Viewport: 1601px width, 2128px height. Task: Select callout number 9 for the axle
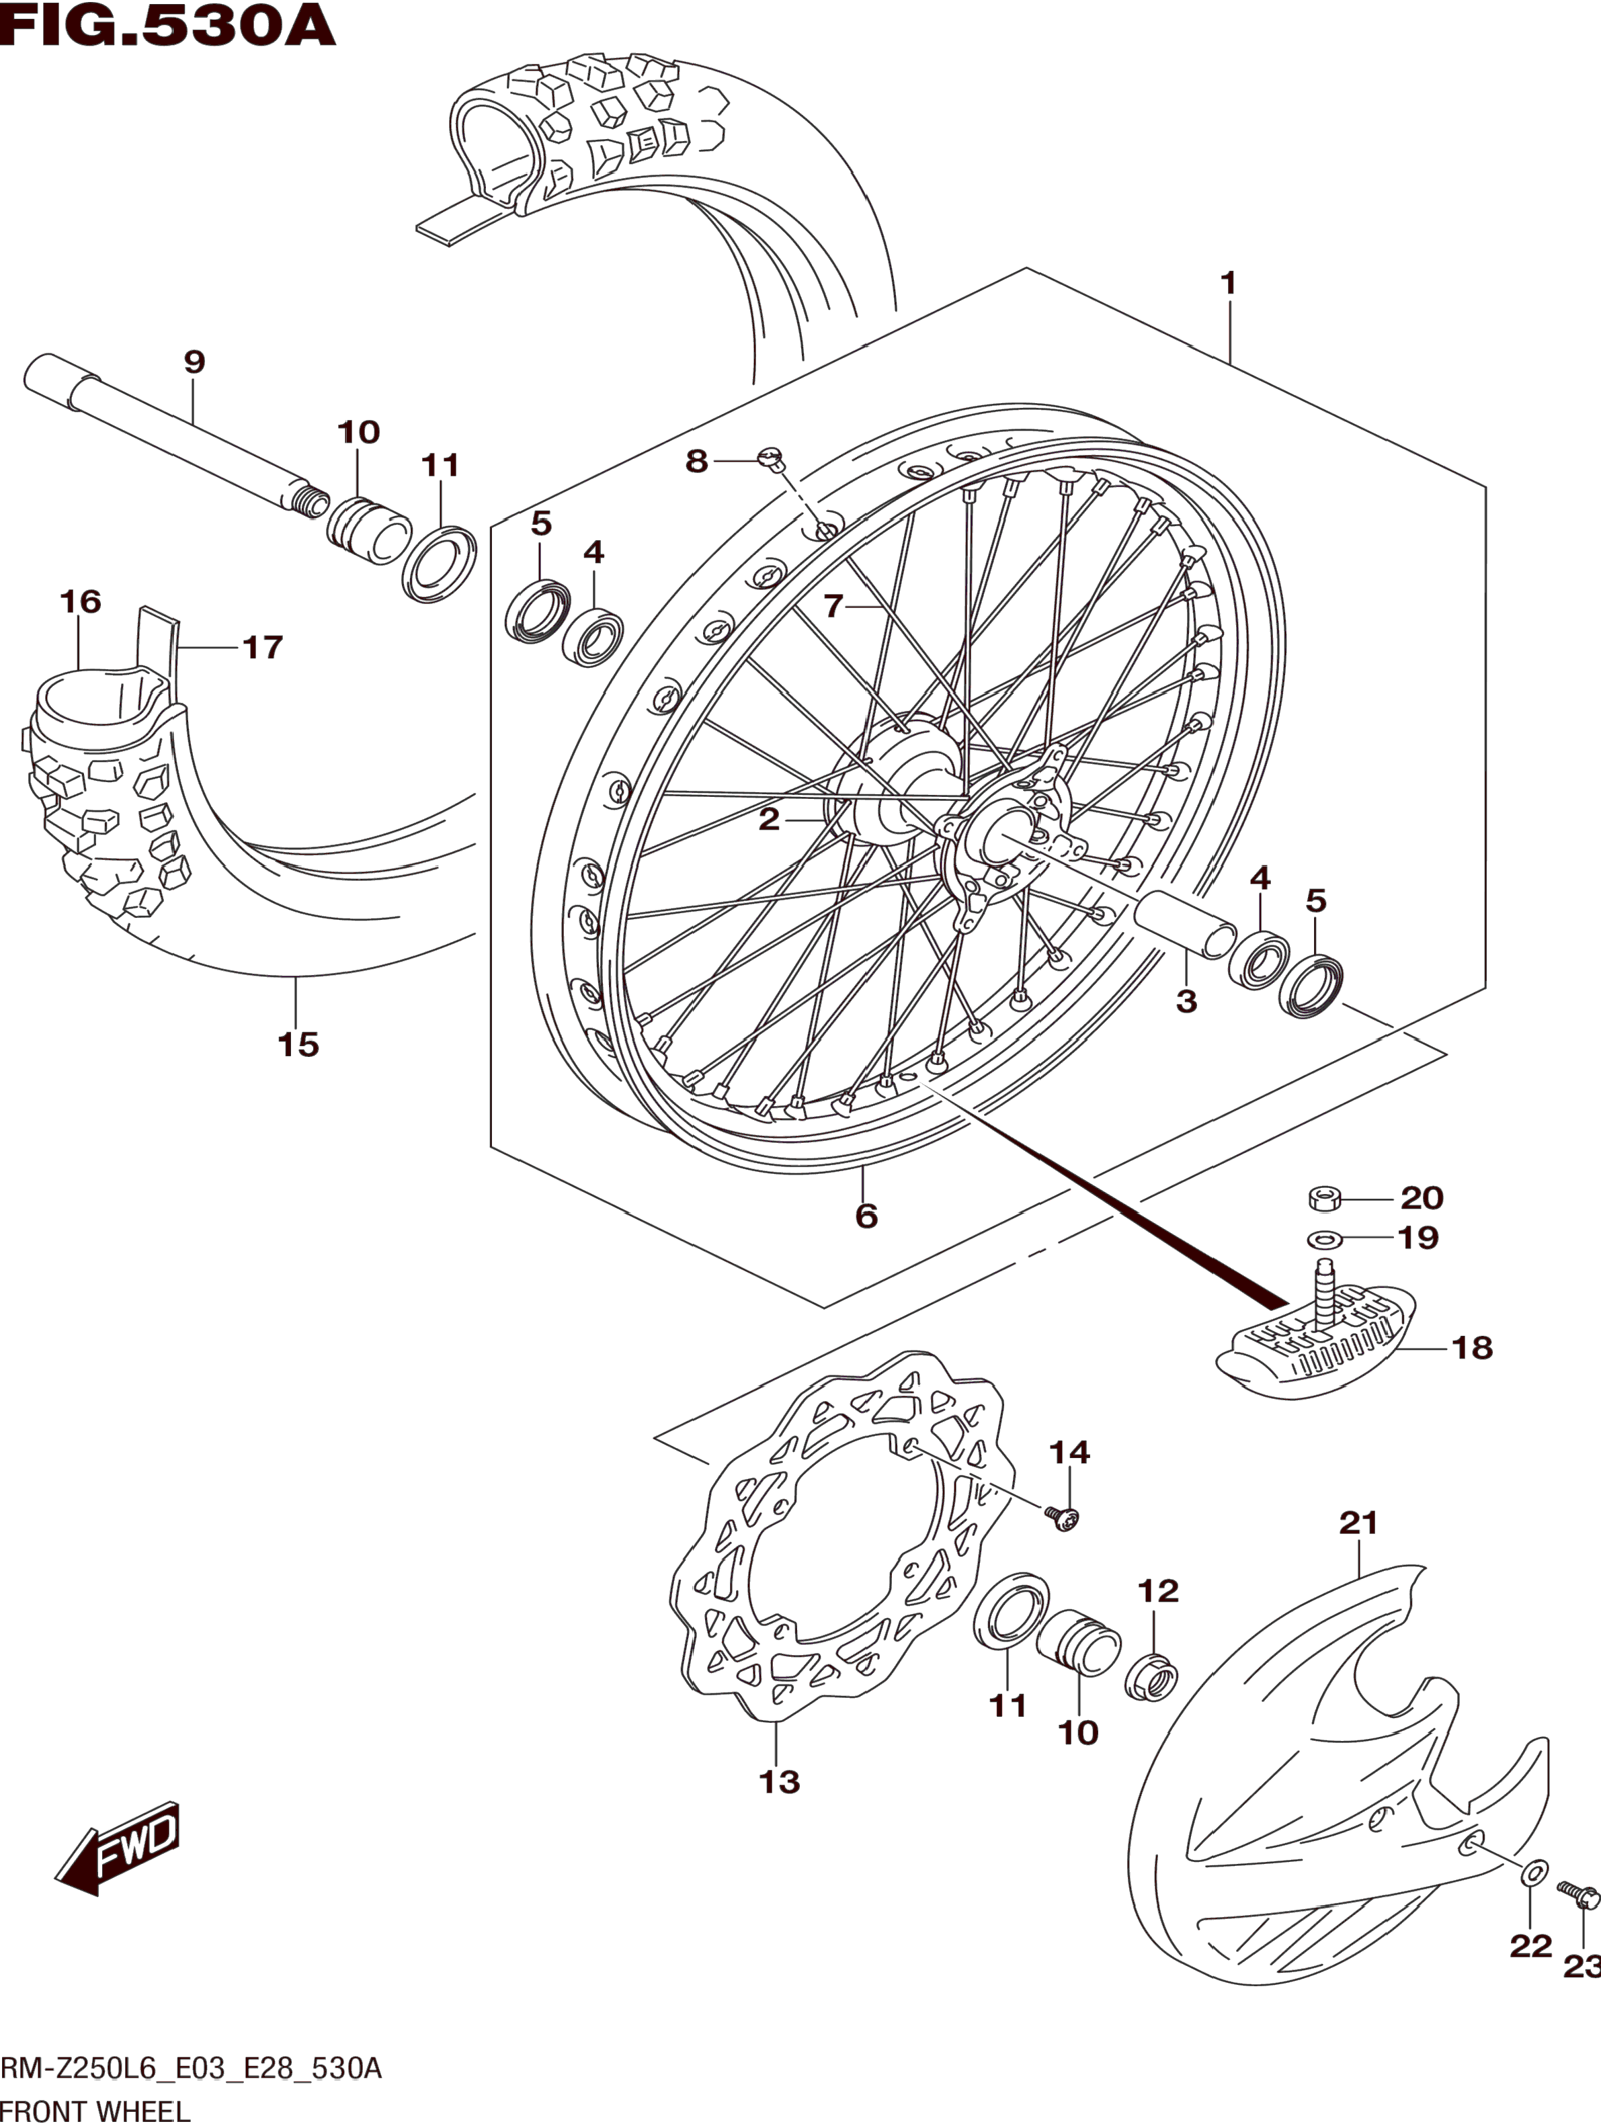194,363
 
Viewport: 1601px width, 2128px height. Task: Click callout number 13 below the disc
780,1782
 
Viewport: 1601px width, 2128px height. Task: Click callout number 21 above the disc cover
1358,1523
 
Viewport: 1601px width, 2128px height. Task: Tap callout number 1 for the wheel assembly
1228,283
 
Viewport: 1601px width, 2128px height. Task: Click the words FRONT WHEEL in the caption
96,2113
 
